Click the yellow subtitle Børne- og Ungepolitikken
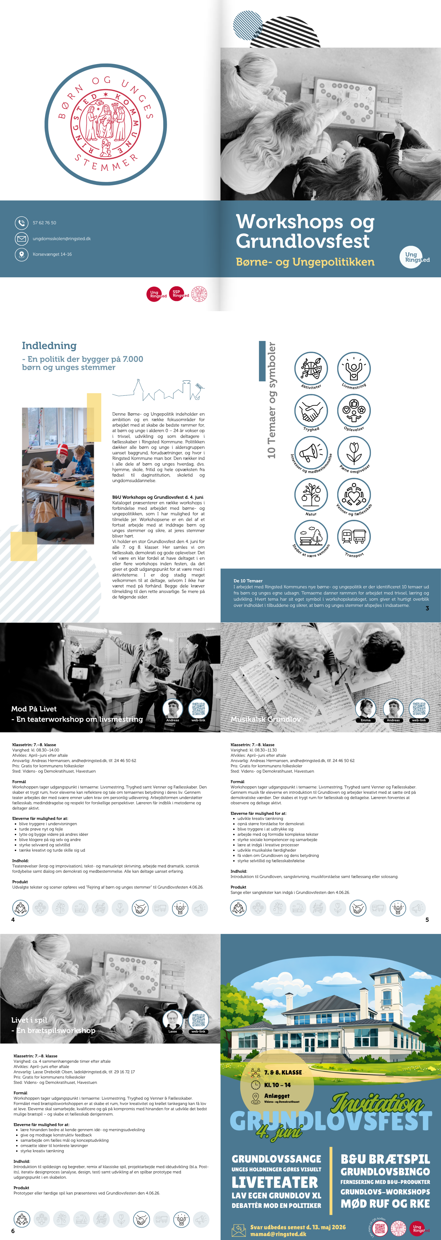pos(305,262)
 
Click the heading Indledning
pos(49,346)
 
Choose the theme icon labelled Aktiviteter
pos(311,368)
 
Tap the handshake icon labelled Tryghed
pos(311,411)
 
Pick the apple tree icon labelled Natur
pos(311,494)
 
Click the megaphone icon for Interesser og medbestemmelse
pos(311,452)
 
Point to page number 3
pos(427,609)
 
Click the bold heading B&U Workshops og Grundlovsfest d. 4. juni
pos(158,497)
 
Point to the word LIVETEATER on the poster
pos(275,1182)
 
